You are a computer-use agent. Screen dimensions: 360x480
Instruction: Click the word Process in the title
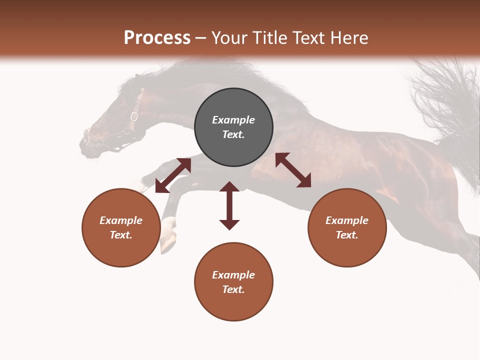pos(157,38)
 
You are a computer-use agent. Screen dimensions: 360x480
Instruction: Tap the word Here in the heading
pos(348,38)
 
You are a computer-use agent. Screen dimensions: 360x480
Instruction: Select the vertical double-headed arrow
pos(229,205)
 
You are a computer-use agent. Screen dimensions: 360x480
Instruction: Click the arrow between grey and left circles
pos(173,175)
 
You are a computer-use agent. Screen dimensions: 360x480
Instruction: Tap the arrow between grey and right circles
pos(293,170)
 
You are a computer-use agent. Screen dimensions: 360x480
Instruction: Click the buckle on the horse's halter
pos(134,116)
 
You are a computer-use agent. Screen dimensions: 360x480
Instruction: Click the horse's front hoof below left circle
pos(169,242)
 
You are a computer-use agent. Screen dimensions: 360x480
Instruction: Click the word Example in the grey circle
pos(233,120)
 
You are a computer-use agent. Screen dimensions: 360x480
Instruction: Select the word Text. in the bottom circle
pos(233,289)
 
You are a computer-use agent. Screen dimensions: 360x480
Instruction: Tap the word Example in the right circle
pos(347,220)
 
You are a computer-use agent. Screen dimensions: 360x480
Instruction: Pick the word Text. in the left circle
pos(121,235)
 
